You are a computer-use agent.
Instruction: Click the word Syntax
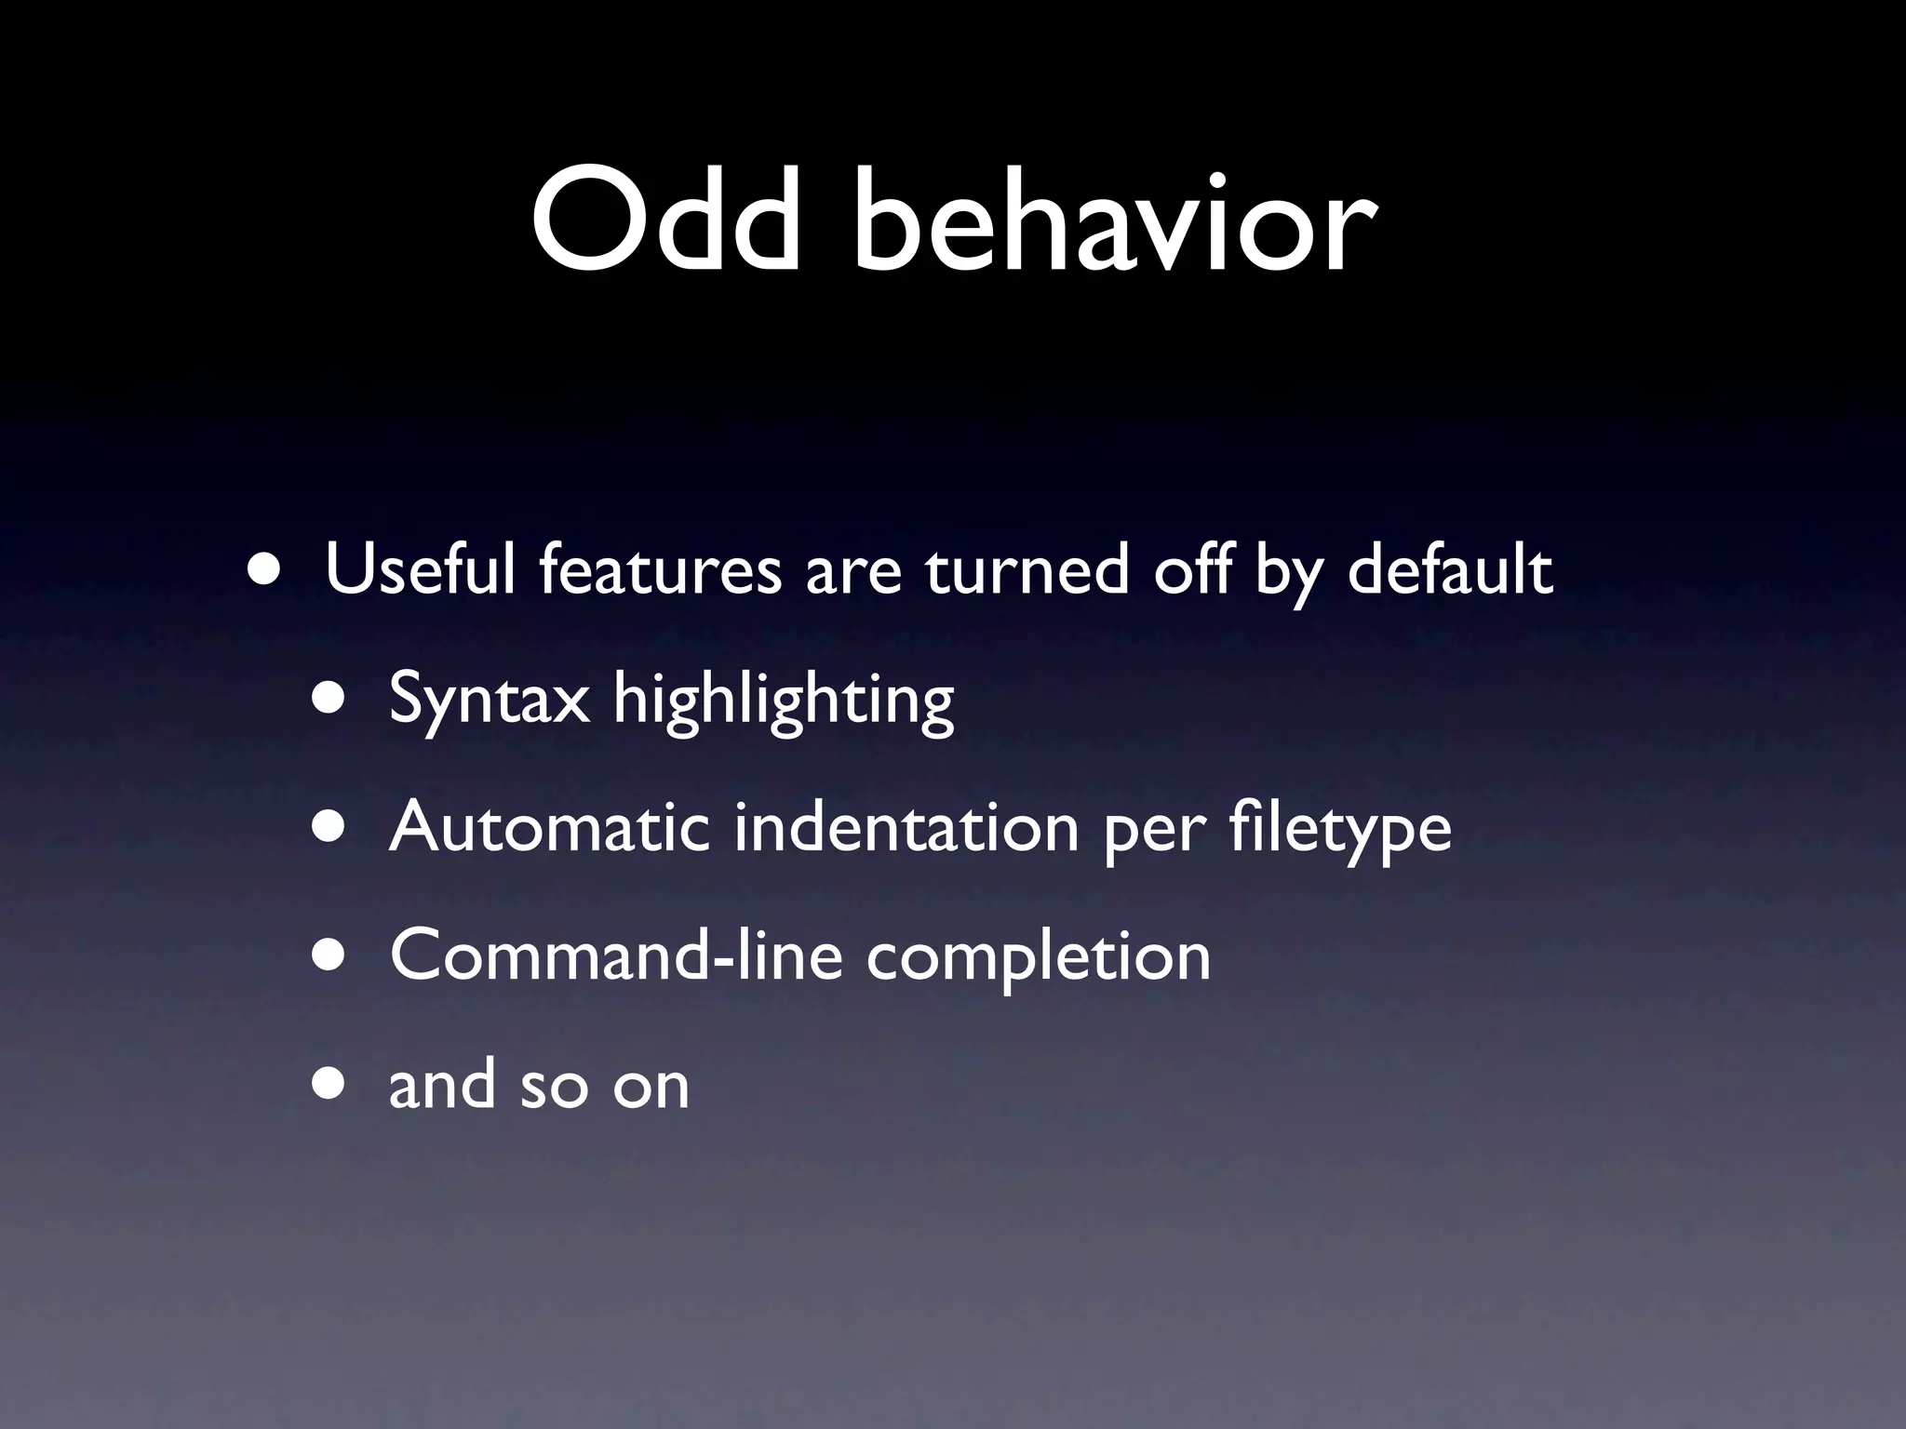[490, 700]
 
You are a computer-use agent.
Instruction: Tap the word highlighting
[784, 700]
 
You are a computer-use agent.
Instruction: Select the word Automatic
[549, 827]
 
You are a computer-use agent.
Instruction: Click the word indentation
[906, 827]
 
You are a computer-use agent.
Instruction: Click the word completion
[1039, 955]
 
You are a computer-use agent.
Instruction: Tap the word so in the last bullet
[553, 1086]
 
